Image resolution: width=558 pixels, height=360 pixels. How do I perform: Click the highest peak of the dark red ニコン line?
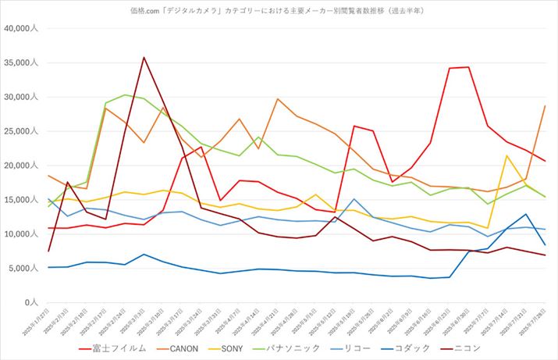point(144,57)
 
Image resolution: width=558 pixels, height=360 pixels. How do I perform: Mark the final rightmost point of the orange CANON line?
point(545,105)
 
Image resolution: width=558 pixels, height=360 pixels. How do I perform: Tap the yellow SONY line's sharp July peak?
point(507,155)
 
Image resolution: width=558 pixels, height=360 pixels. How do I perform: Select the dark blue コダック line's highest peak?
point(527,214)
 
